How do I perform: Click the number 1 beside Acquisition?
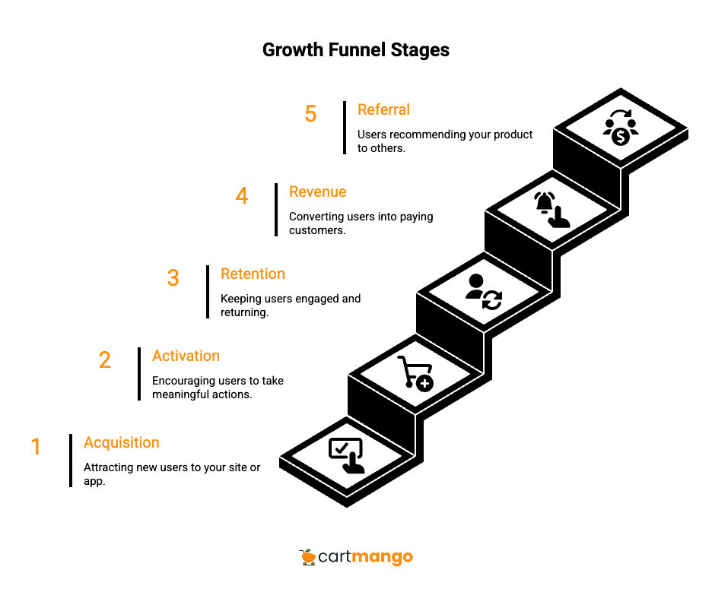point(36,446)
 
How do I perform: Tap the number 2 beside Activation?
point(105,359)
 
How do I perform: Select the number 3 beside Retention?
point(173,277)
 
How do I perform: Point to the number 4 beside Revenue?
point(242,195)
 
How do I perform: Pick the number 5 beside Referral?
point(310,114)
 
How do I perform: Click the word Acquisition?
point(122,442)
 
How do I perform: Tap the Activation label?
point(186,356)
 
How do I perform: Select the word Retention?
point(253,274)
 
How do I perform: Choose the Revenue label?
point(317,192)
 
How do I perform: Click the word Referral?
point(383,109)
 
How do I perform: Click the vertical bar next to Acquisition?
point(71,461)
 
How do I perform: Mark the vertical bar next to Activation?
point(139,374)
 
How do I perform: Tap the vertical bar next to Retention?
point(208,292)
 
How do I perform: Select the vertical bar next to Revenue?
point(276,210)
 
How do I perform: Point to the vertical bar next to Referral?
point(345,128)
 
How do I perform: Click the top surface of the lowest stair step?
point(347,455)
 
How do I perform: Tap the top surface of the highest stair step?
point(621,127)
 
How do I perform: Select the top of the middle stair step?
point(484,291)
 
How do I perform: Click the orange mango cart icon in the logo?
point(307,557)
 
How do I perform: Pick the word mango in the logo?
point(383,557)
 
